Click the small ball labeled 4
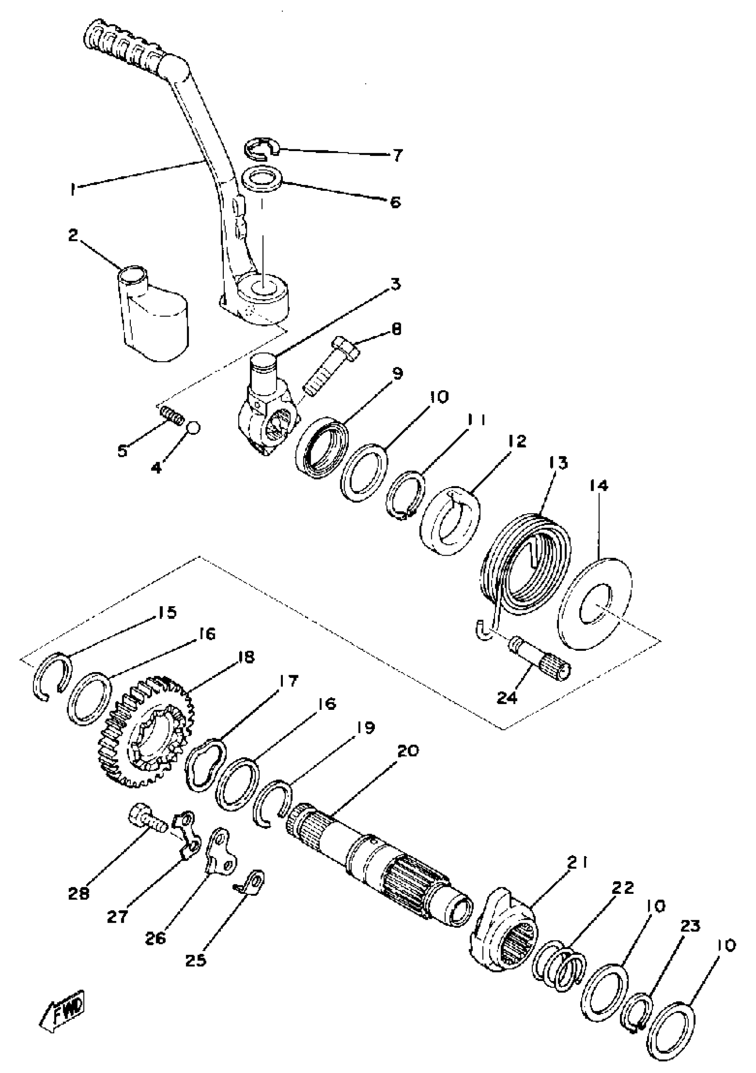[194, 427]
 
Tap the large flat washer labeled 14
[595, 603]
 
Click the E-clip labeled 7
[261, 148]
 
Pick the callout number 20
[408, 751]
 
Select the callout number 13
[559, 463]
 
